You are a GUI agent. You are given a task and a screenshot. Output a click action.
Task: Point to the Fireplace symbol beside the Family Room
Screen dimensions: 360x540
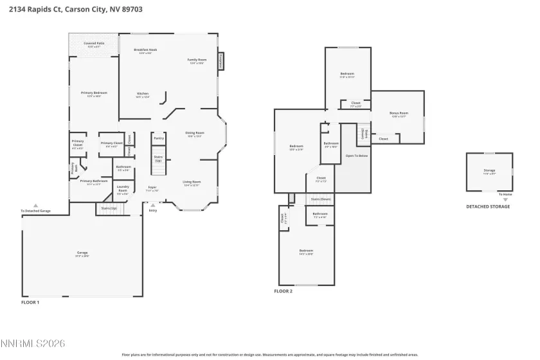tap(220, 60)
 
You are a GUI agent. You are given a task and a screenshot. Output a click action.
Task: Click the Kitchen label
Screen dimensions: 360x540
tap(143, 94)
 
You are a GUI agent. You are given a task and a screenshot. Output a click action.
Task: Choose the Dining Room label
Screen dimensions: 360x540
tap(194, 134)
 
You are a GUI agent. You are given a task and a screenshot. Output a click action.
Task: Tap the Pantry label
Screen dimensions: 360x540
tap(159, 138)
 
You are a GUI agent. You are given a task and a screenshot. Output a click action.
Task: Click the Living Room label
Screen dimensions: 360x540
tap(192, 183)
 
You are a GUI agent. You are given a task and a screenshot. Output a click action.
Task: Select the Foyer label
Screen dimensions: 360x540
tap(152, 188)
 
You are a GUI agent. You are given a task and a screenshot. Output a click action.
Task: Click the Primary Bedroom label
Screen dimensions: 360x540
tap(94, 94)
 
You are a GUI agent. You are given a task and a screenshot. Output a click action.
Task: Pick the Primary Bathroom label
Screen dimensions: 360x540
tap(94, 182)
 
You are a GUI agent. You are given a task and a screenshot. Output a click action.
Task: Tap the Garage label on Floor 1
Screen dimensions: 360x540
tap(82, 253)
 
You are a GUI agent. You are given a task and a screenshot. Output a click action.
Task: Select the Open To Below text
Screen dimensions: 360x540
tap(357, 156)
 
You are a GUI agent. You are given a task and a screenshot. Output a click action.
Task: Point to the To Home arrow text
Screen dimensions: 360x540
tap(505, 194)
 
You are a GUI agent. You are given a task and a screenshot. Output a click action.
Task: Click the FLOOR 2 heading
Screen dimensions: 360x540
tap(283, 291)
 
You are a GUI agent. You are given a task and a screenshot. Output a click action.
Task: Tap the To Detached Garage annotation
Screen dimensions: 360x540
tap(35, 211)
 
